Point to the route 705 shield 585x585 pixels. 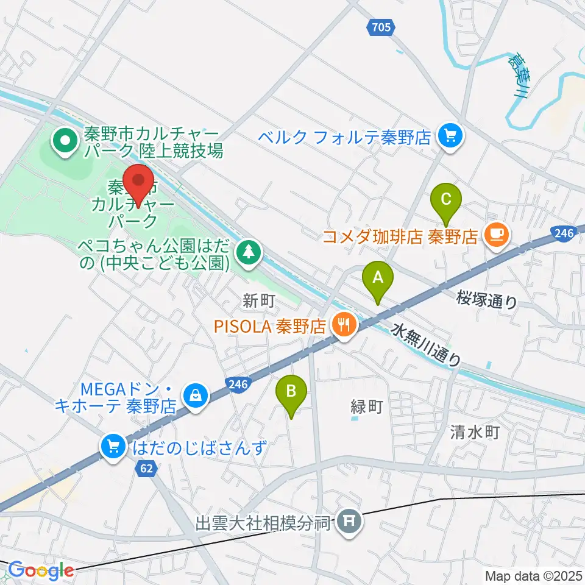(382, 26)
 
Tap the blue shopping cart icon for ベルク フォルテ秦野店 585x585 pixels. (451, 135)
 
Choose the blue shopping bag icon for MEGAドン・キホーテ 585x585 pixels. (196, 395)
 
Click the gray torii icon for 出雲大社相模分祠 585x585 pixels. (349, 522)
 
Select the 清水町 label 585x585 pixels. (475, 433)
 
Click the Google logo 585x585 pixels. (41, 571)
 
